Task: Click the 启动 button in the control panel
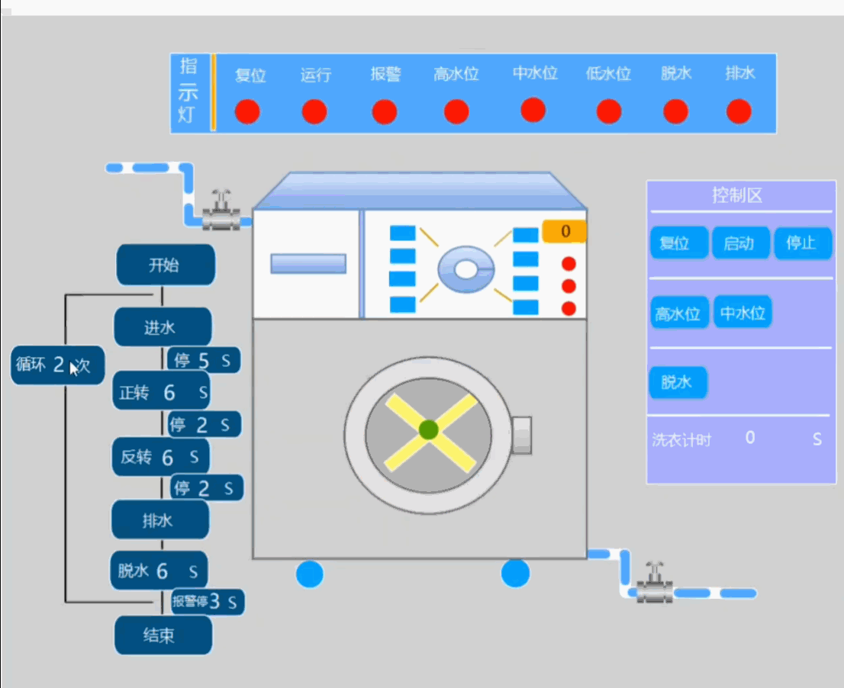tap(740, 243)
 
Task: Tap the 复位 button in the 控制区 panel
tap(678, 243)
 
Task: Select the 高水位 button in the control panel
tap(678, 313)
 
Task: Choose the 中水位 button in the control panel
tap(743, 312)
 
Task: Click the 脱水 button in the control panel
tap(678, 382)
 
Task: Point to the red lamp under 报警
tap(385, 112)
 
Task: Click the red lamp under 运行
tap(314, 112)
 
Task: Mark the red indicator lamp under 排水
tap(739, 111)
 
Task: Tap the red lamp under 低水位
tap(609, 111)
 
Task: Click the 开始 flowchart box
tap(166, 265)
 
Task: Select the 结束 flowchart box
tap(163, 635)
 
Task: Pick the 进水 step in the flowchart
tap(163, 327)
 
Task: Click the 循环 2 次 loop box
tap(57, 365)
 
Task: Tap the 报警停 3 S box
tap(208, 601)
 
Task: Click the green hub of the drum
tap(428, 429)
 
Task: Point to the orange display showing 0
tap(564, 231)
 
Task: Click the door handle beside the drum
tap(521, 435)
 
